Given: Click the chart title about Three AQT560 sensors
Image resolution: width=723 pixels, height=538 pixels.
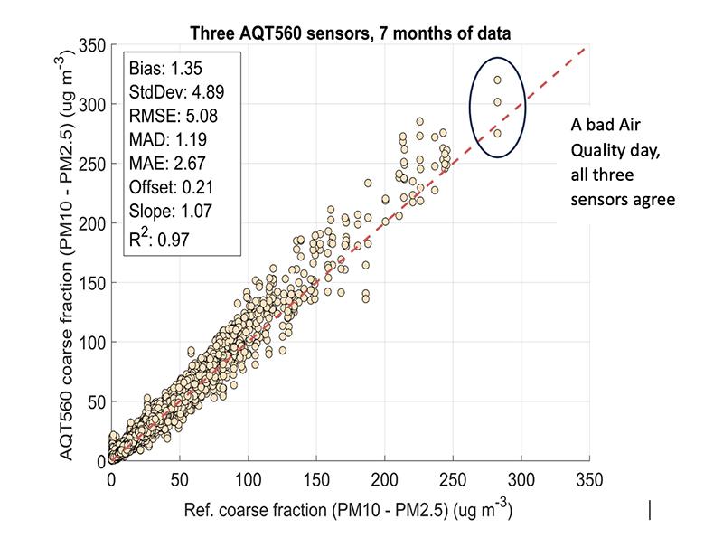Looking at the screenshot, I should (x=350, y=33).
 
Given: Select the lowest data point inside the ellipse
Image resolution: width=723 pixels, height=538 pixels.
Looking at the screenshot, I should (x=497, y=133).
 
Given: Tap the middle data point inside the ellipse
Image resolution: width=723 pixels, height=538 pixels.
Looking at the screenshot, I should (x=498, y=101).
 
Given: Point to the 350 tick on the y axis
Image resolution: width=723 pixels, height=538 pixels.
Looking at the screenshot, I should (x=93, y=45).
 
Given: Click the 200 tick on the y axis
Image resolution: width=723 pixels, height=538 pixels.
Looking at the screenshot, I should (x=93, y=223).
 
